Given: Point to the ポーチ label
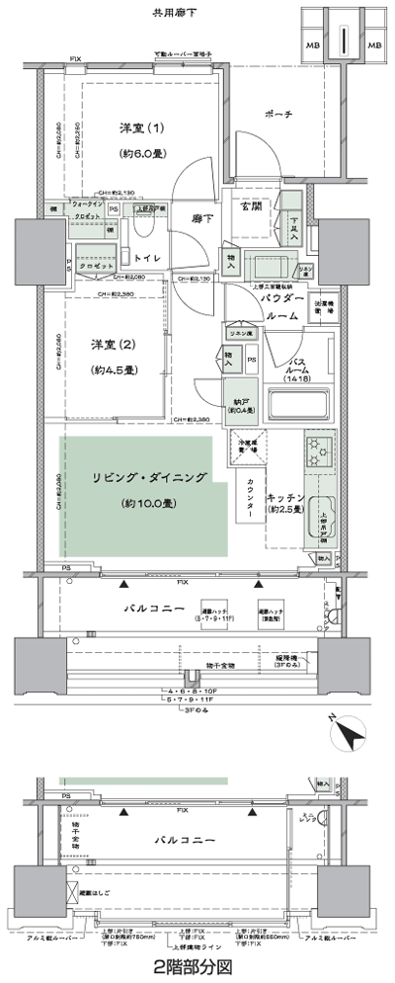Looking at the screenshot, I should click(279, 116).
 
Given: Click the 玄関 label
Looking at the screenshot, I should click(246, 205).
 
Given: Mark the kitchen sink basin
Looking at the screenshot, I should click(324, 519).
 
